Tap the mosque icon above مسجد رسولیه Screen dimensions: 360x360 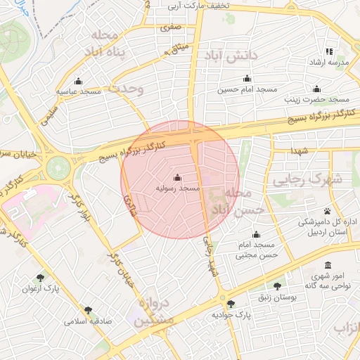pyautogui.click(x=177, y=177)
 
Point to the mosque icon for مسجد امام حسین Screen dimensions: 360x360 pyautogui.click(x=246, y=78)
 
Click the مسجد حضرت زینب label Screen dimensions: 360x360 pyautogui.click(x=316, y=100)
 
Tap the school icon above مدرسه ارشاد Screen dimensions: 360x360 pyautogui.click(x=329, y=51)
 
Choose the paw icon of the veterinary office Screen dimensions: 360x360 pyautogui.click(x=328, y=211)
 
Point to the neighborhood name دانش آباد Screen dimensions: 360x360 pyautogui.click(x=229, y=55)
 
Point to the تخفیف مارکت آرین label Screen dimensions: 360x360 pyautogui.click(x=195, y=6)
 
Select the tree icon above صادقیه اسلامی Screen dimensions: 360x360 pyautogui.click(x=88, y=310)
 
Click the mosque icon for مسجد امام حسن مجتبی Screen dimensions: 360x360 pyautogui.click(x=255, y=234)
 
